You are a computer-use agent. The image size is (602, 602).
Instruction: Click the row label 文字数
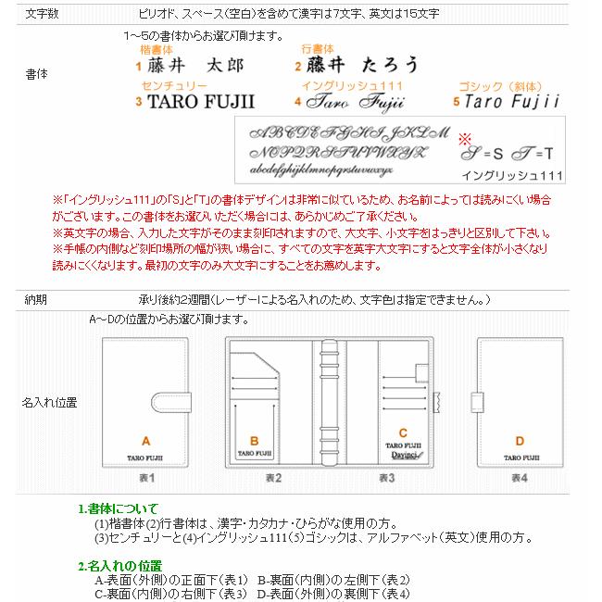(42, 14)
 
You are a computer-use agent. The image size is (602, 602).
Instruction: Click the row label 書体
(37, 73)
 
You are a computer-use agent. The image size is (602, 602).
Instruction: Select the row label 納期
(37, 300)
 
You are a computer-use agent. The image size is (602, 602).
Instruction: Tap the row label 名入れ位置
(50, 403)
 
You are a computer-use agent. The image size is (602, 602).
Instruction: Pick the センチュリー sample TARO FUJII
(201, 101)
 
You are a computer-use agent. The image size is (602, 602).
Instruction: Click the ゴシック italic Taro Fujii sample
(510, 100)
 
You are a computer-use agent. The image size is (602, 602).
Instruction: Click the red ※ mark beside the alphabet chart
(465, 138)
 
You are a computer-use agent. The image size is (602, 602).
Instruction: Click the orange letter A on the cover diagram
(145, 441)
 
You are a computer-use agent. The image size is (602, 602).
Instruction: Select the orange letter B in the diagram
(255, 442)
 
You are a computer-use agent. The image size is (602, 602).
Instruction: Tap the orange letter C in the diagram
(403, 433)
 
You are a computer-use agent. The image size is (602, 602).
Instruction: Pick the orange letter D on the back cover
(519, 441)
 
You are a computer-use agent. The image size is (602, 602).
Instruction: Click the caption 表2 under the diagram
(272, 478)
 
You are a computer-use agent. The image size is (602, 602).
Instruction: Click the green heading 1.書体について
(118, 508)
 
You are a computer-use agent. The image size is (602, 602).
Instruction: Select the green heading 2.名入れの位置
(119, 565)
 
